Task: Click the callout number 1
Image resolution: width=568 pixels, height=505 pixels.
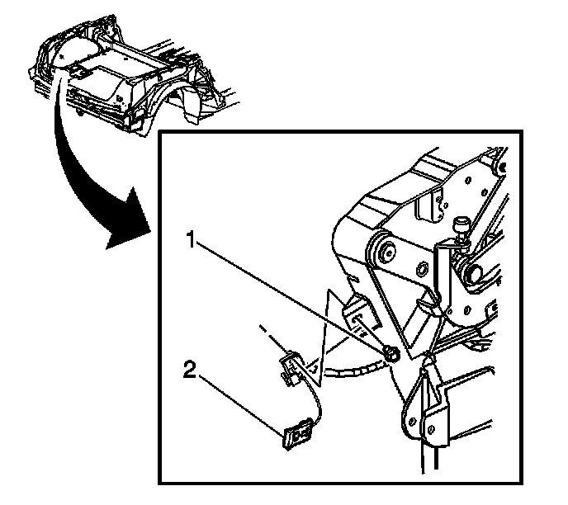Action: click(x=191, y=242)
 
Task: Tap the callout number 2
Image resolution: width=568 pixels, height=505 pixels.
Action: click(x=189, y=370)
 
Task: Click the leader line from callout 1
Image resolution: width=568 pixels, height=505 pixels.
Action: click(x=289, y=297)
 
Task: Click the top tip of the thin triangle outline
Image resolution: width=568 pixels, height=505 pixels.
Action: click(x=329, y=290)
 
